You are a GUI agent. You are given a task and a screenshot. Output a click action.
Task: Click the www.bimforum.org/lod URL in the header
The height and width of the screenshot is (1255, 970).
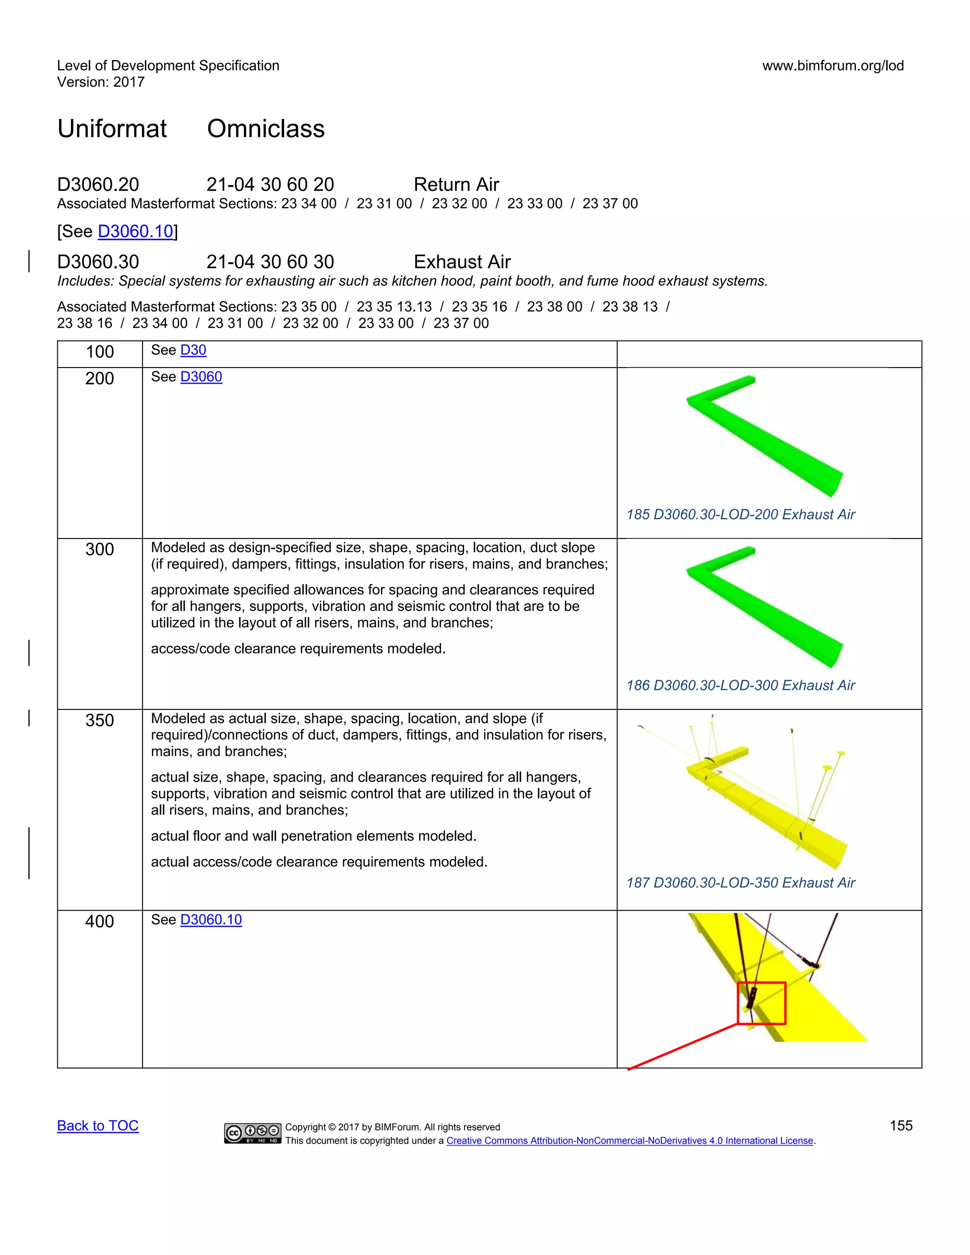tap(833, 65)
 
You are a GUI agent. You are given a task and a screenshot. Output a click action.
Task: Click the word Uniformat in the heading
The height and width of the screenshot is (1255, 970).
tap(112, 129)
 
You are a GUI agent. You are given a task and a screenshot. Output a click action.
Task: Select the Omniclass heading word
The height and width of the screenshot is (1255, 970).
tap(266, 129)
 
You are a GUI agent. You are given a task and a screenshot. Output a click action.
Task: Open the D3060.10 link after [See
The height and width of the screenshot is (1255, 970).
tap(135, 231)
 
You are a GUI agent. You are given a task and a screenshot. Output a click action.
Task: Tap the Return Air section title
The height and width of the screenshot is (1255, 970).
tap(456, 184)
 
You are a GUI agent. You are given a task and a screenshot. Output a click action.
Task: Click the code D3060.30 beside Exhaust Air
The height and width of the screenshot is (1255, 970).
tap(98, 262)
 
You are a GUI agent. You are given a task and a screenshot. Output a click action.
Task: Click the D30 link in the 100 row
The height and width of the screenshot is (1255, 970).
tap(193, 350)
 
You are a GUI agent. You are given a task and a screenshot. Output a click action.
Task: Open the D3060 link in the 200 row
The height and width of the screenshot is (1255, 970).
tap(201, 376)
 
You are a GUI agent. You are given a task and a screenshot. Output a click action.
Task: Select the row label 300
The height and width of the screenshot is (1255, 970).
tap(99, 549)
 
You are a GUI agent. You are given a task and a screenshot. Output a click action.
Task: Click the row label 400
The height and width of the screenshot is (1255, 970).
tap(99, 921)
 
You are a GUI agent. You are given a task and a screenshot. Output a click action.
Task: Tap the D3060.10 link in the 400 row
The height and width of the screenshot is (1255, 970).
tap(211, 919)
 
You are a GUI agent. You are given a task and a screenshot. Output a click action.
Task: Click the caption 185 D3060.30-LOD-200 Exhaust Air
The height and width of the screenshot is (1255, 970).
tap(740, 514)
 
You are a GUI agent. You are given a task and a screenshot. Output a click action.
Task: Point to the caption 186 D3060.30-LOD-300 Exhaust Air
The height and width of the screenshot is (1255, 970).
tap(740, 685)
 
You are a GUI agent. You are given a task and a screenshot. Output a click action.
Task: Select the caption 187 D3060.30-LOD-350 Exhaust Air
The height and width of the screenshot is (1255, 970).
tap(740, 883)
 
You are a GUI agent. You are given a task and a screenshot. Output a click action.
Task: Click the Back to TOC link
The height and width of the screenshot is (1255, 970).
tap(98, 1126)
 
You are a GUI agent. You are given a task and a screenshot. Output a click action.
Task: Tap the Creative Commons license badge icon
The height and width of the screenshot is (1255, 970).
tap(252, 1133)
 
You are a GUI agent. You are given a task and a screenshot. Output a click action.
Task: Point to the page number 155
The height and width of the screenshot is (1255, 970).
tap(900, 1126)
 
